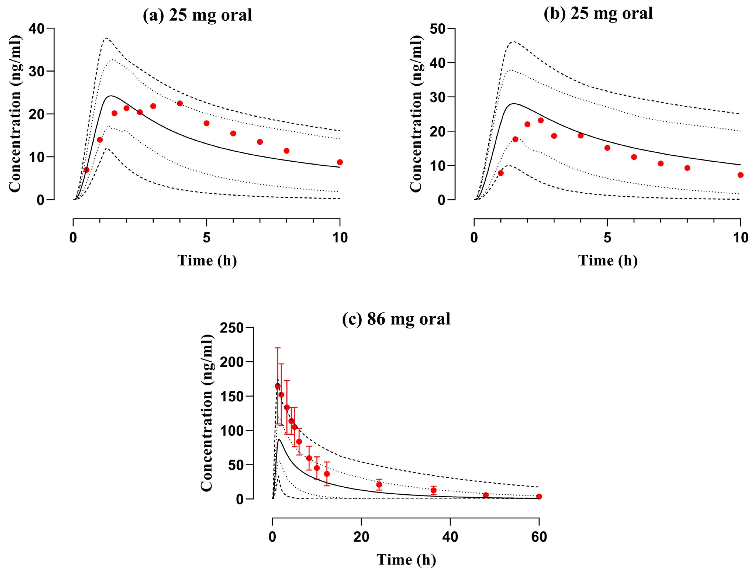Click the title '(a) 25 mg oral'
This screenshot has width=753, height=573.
point(197,15)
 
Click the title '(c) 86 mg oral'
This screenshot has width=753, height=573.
point(396,319)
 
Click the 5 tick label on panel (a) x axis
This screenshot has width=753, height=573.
point(206,238)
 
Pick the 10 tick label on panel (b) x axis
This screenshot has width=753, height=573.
point(740,238)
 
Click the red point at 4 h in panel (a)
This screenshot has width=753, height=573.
point(180,103)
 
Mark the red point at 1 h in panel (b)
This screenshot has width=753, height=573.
point(501,173)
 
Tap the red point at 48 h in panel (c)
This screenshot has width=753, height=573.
point(486,495)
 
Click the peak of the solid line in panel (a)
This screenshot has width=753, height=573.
point(110,96)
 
